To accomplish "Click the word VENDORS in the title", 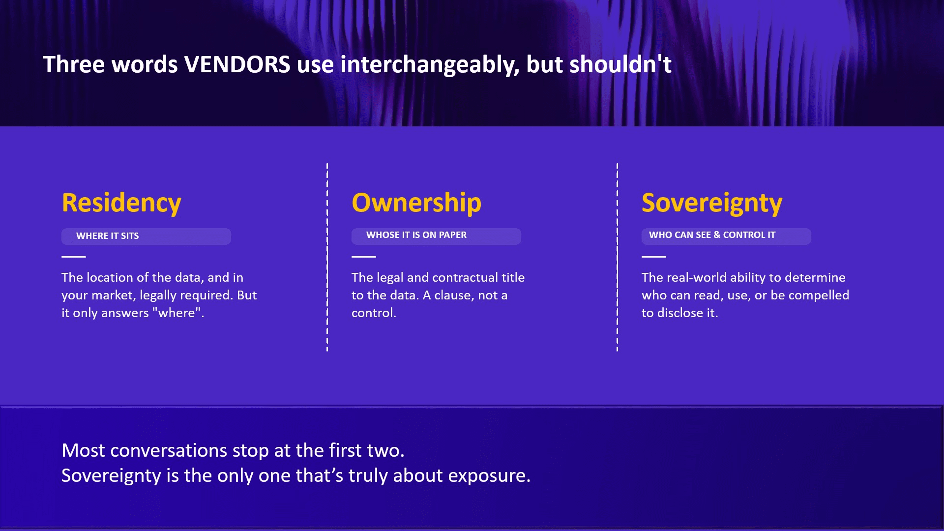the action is click(237, 64).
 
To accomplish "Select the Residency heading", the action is click(121, 203).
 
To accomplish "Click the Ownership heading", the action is click(416, 203).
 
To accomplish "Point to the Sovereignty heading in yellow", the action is click(712, 203).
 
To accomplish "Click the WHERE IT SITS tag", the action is click(146, 236).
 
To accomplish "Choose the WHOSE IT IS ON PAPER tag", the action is click(436, 236).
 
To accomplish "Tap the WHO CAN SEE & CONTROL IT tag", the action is click(726, 236).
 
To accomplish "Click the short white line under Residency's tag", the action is click(74, 257).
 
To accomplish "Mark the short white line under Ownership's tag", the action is click(364, 257).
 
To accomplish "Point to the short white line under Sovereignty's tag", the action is click(654, 257).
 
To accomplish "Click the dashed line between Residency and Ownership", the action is click(327, 257).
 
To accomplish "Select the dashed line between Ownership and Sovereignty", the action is click(617, 257).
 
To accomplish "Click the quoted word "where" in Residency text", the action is click(177, 313).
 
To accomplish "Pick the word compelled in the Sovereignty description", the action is click(819, 296).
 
